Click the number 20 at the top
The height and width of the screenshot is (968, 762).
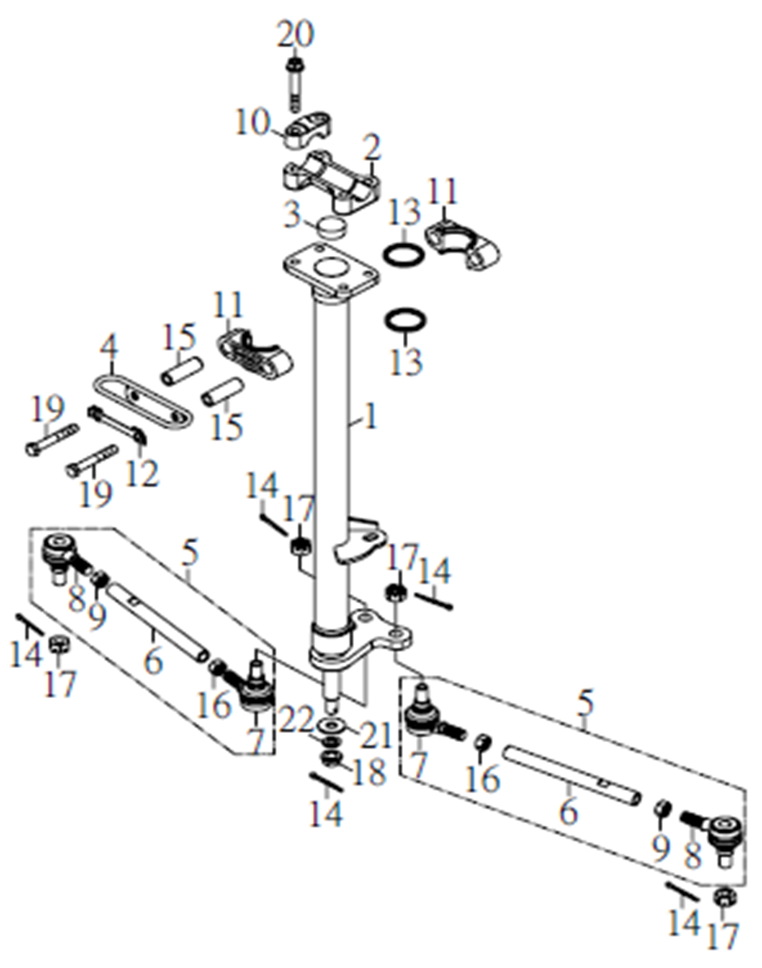tap(295, 35)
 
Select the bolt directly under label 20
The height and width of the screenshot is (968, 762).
tap(295, 84)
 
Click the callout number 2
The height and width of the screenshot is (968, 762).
tap(371, 148)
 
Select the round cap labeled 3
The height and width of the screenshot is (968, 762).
tap(332, 228)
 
